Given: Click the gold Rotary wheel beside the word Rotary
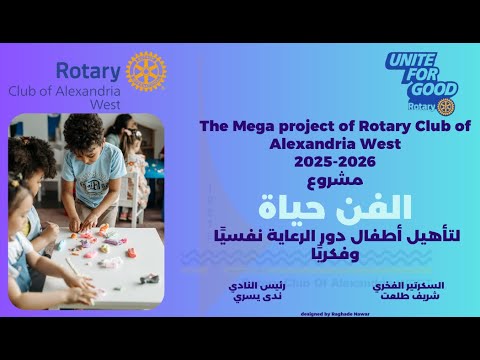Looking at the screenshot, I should (x=146, y=71).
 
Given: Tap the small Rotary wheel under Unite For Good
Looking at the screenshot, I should (x=445, y=106).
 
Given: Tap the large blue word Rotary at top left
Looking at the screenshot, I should (x=89, y=71).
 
